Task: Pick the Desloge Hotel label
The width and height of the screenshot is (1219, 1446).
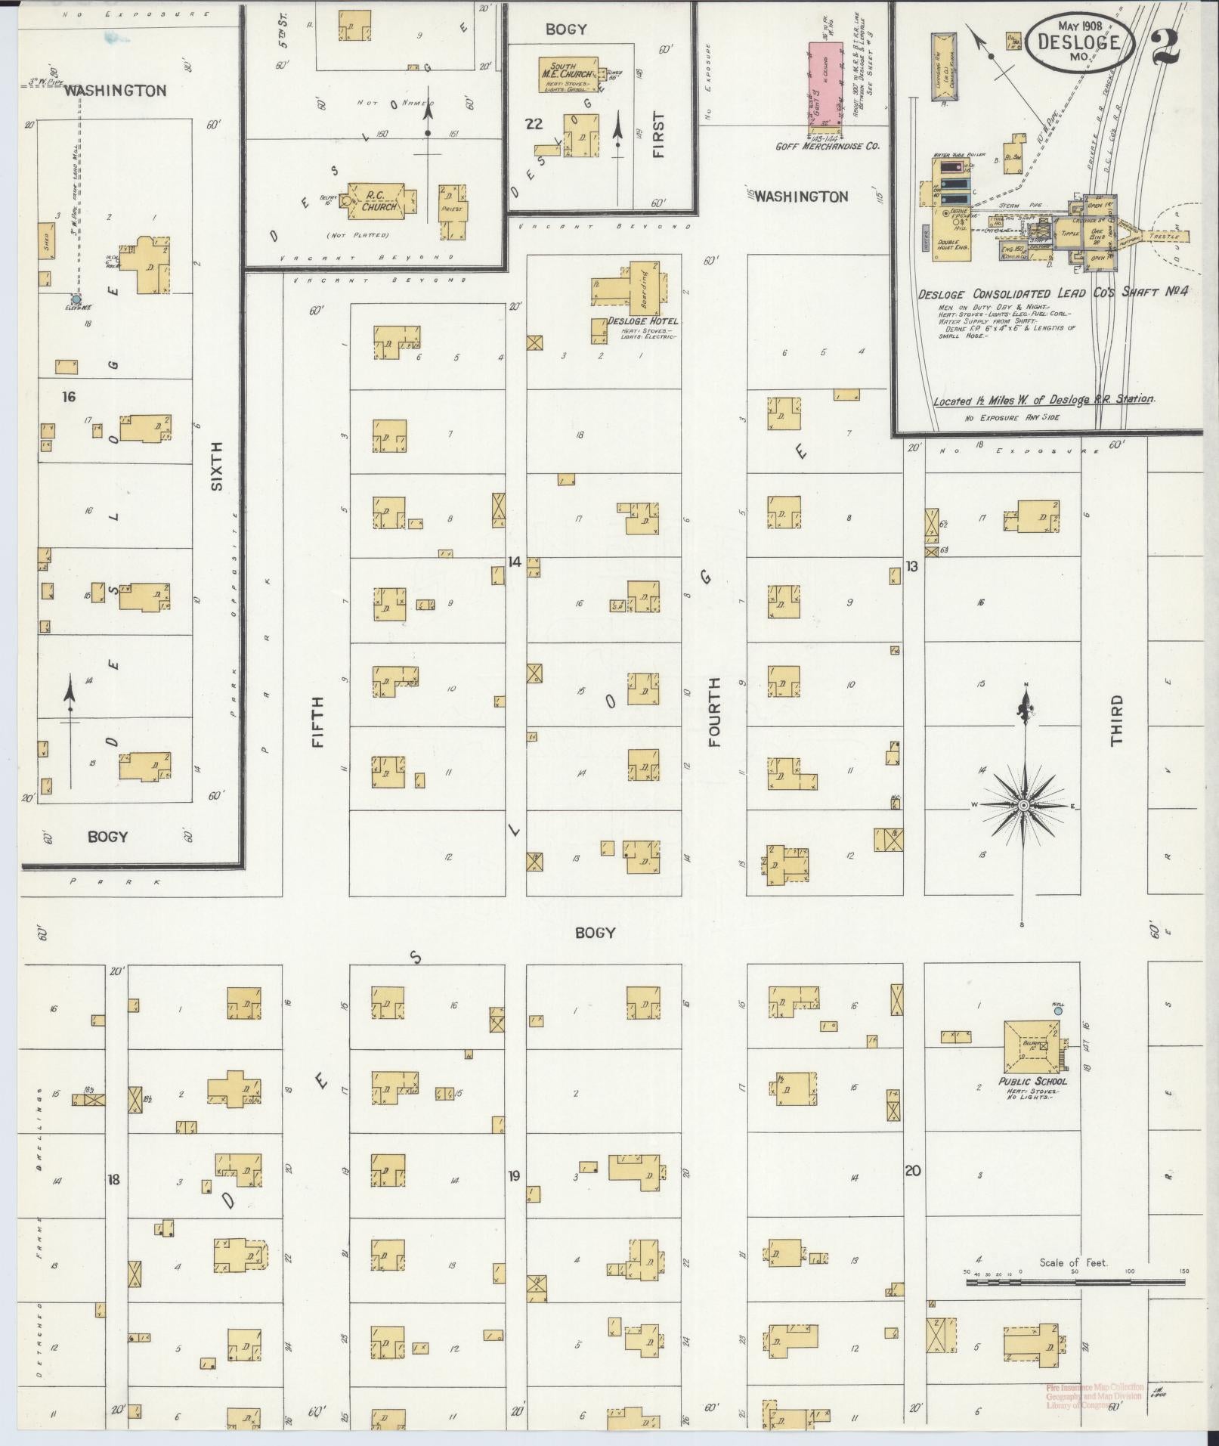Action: [x=642, y=321]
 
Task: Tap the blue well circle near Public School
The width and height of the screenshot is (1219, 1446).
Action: [x=1058, y=1010]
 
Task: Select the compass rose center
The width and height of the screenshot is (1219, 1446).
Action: [x=1024, y=806]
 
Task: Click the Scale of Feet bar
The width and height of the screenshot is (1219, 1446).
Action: [x=1075, y=1281]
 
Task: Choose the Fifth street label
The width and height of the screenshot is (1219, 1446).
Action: [x=317, y=722]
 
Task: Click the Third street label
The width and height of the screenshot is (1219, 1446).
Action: [x=1116, y=720]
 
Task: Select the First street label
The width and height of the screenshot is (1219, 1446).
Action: [x=658, y=135]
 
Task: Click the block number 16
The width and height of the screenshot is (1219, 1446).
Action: [x=69, y=396]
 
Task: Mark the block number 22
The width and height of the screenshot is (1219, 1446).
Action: [x=534, y=124]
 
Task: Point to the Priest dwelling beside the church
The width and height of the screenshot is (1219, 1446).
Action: [x=453, y=211]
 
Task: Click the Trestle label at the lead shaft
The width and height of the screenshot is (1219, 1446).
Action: [x=1163, y=236]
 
